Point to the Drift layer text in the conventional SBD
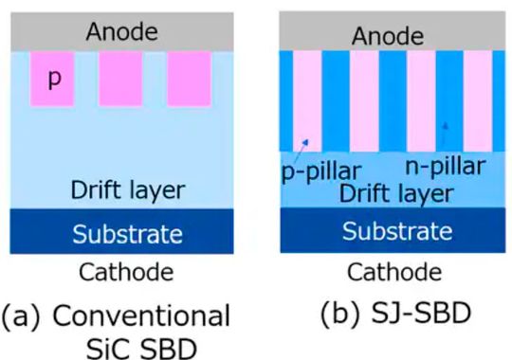pyautogui.click(x=127, y=189)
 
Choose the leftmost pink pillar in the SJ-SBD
pyautogui.click(x=308, y=99)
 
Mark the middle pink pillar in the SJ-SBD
pyautogui.click(x=367, y=99)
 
